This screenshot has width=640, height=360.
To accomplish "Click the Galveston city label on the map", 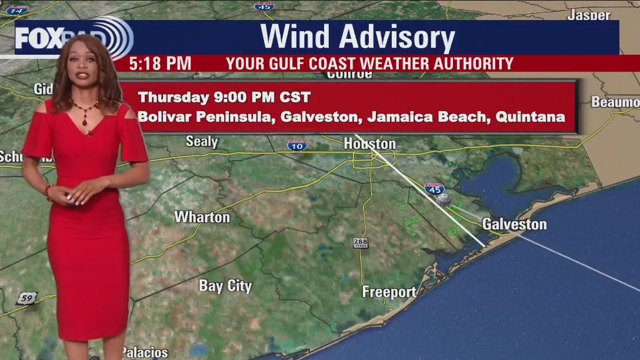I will coord(514,224).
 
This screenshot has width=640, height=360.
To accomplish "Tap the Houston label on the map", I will coord(369,144).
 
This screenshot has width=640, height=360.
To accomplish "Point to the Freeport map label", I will coord(389,292).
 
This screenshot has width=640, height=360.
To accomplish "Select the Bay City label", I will coord(225,286).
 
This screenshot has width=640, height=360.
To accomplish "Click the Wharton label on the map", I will coord(202,217).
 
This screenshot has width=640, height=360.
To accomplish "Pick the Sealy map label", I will coord(202,142).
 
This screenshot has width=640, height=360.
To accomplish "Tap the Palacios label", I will coord(145,352).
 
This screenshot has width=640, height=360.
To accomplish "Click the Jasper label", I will coord(589,15).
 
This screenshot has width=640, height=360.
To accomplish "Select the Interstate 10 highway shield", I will coord(297,145).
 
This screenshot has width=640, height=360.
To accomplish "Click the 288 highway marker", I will coord(361,243).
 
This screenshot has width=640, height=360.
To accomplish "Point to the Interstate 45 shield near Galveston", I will coord(434,189).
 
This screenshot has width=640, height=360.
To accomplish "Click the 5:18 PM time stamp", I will coord(160,64).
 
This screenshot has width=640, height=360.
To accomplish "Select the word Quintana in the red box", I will coord(530,116).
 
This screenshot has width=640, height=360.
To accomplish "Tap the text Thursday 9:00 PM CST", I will coord(224,96).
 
